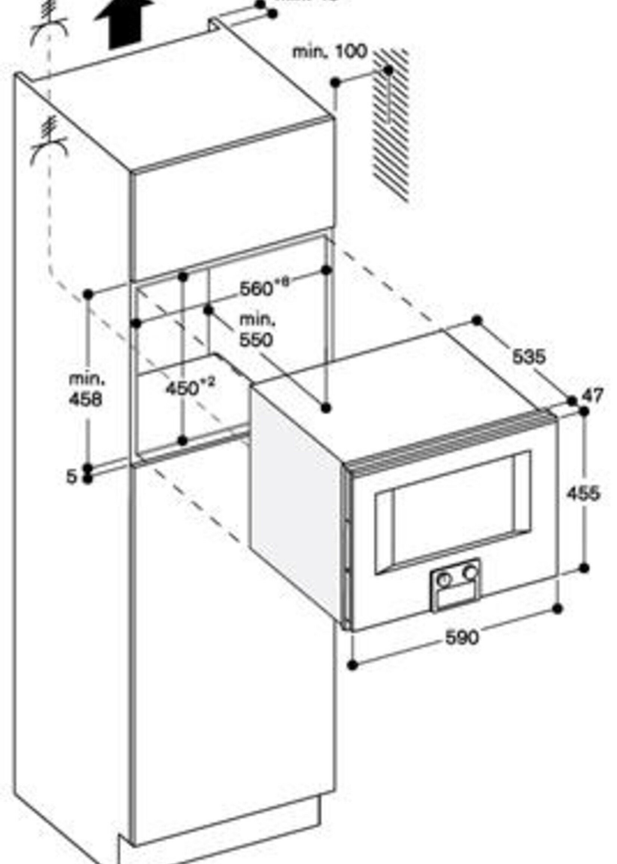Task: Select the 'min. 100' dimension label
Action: pos(330,52)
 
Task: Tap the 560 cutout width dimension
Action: pos(262,288)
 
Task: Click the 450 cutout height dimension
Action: pos(189,387)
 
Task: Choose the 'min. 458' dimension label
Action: pos(86,389)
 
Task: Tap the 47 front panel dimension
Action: pos(593,396)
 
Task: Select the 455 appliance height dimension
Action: pos(583,493)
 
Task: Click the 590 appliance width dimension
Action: pos(462,637)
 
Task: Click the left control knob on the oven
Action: pos(444,579)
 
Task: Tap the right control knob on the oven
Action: pos(470,572)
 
